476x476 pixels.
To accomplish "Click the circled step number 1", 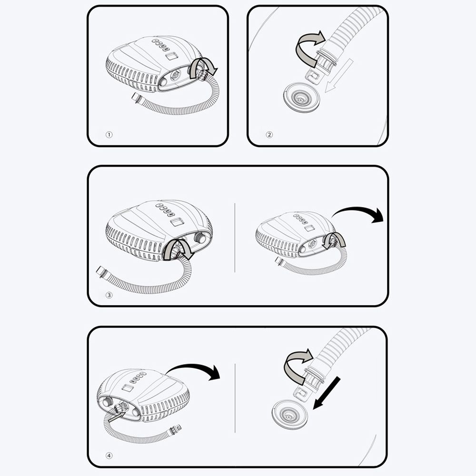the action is [x=109, y=135].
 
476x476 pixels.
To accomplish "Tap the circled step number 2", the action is [x=269, y=135].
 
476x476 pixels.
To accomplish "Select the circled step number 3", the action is [x=109, y=295].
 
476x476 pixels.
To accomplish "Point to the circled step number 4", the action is [x=109, y=456].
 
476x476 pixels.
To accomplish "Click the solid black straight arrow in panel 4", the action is [x=327, y=393].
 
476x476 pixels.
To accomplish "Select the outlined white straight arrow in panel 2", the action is [x=339, y=75].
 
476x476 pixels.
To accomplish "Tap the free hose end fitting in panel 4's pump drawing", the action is [x=176, y=429].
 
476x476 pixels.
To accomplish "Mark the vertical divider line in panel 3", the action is [x=235, y=238].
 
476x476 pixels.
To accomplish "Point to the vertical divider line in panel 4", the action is [x=235, y=398].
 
